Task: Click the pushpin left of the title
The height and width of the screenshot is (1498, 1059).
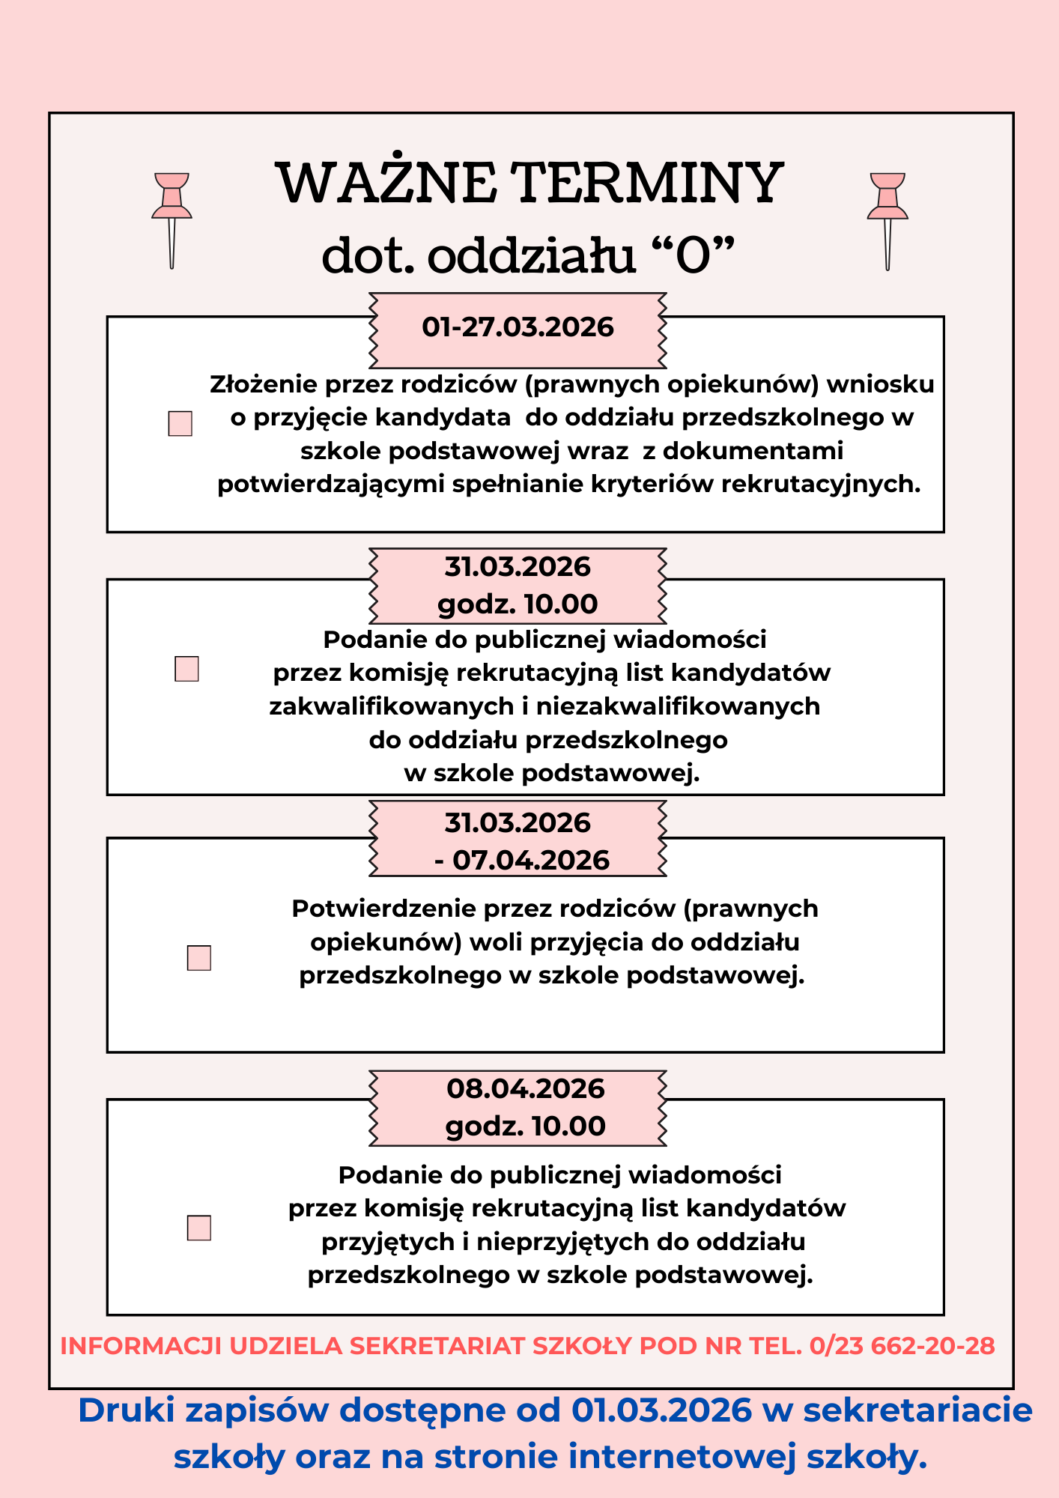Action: point(172,217)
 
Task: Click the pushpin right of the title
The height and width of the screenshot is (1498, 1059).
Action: point(887,218)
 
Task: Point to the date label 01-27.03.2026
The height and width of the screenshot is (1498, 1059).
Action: point(518,327)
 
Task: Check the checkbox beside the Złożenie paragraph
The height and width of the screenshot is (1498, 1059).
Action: point(180,423)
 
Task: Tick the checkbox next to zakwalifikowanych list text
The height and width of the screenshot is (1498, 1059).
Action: point(186,669)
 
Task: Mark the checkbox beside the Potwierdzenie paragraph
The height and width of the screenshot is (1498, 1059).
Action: point(198,958)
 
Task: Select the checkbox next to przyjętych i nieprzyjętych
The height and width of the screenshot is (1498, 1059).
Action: point(198,1228)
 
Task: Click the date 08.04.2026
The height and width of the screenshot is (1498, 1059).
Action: point(526,1088)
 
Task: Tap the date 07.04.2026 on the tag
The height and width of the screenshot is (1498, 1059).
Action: point(531,860)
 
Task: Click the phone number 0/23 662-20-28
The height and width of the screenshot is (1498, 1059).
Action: point(902,1346)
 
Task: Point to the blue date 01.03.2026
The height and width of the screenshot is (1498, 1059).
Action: point(661,1411)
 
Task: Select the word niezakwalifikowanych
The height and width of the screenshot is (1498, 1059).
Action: point(678,706)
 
